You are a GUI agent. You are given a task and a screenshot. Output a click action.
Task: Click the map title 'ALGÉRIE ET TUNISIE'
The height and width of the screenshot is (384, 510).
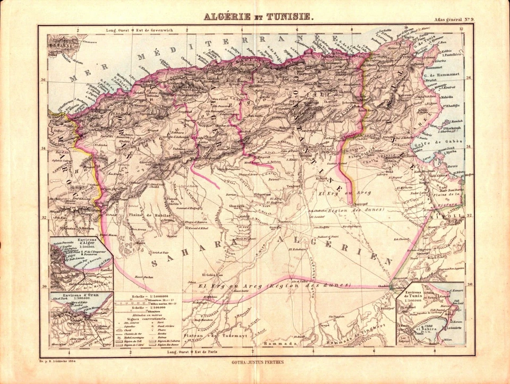click(x=259, y=16)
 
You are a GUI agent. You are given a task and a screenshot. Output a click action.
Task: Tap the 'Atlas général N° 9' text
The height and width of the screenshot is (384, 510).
click(x=455, y=20)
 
